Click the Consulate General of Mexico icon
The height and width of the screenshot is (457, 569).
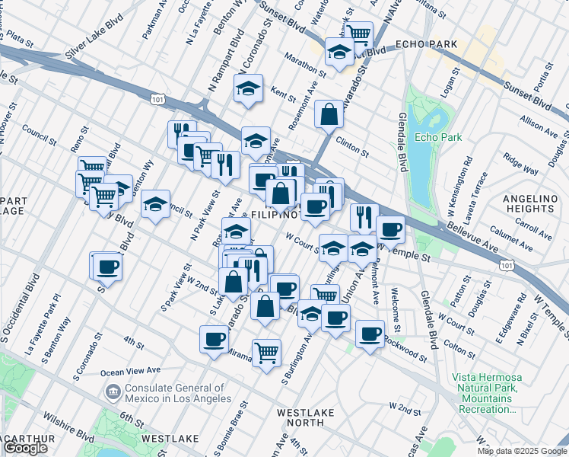point(112,392)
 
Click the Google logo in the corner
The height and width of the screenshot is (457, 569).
point(26,448)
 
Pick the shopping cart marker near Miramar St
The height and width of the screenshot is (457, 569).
point(266,353)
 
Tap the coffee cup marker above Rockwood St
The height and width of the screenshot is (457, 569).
point(370,334)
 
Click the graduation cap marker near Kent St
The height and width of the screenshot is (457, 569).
point(248,89)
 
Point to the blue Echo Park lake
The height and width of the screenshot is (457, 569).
point(419,152)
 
